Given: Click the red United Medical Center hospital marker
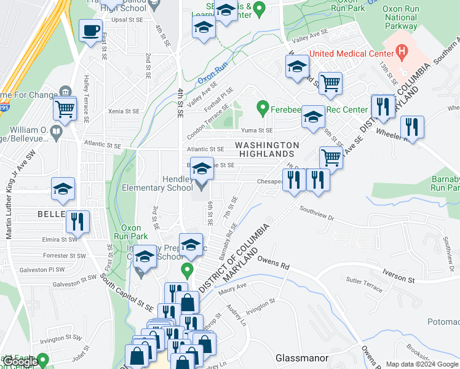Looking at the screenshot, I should (402, 50).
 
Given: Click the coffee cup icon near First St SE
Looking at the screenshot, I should (91, 30).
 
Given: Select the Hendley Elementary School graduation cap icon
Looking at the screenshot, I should (201, 168).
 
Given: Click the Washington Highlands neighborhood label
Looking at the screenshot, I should (268, 149).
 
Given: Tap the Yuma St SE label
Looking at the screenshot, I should (256, 130).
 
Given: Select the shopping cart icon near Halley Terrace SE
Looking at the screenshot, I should (65, 109).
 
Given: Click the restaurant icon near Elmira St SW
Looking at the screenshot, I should (78, 221).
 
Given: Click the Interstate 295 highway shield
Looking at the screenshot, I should (4, 108).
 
